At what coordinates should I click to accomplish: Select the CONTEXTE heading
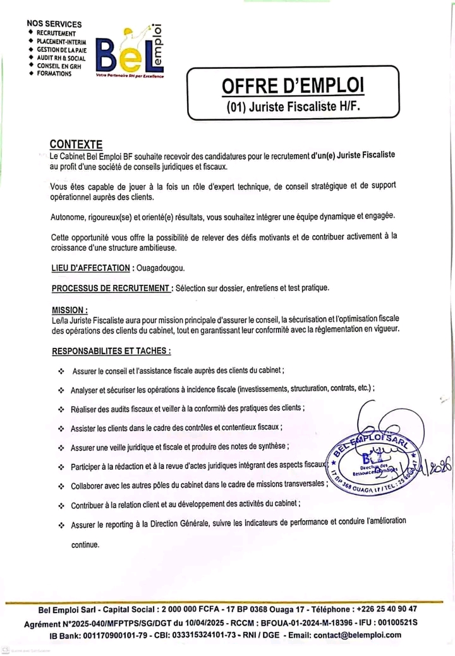pyautogui.click(x=76, y=144)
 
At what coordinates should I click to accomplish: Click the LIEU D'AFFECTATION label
pyautogui.click(x=90, y=268)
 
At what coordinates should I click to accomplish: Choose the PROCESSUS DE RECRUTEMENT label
pyautogui.click(x=112, y=289)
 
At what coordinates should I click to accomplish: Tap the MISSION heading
pyautogui.click(x=69, y=310)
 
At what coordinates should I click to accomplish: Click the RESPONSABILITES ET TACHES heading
pyautogui.click(x=111, y=350)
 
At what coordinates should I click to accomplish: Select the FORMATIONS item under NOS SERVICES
pyautogui.click(x=54, y=74)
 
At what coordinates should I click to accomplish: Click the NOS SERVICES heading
pyautogui.click(x=54, y=24)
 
